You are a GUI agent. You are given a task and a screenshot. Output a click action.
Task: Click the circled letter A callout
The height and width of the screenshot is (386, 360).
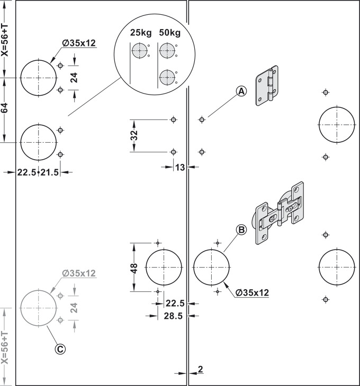click(x=241, y=91)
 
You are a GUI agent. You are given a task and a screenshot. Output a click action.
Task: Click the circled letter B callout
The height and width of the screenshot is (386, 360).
click(x=241, y=229)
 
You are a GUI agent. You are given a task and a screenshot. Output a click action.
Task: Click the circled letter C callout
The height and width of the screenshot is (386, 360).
click(x=60, y=349)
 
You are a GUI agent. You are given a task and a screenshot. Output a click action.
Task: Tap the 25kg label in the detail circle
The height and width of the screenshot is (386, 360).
click(x=141, y=32)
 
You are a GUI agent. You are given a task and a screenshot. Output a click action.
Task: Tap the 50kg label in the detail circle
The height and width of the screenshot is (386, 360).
click(x=169, y=32)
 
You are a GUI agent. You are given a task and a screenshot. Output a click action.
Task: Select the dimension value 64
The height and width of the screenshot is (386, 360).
click(x=5, y=108)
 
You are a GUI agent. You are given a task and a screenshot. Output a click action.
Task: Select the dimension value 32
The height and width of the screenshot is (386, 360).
click(x=134, y=135)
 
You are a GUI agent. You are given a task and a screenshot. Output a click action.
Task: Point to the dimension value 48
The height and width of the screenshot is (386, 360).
click(x=134, y=268)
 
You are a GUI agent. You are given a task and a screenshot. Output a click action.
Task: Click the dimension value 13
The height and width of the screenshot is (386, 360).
click(x=180, y=168)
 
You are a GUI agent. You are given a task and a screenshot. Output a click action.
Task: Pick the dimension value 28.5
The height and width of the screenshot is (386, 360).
click(x=173, y=316)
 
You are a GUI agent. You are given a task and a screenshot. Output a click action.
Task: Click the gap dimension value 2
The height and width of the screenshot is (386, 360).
click(x=200, y=369)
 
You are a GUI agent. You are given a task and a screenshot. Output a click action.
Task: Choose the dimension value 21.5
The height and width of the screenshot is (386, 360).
click(x=50, y=172)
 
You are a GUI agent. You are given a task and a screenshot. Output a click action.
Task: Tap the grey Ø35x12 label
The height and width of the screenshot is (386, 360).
click(x=78, y=273)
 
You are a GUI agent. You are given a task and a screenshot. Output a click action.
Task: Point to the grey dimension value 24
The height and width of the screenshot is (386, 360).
click(x=74, y=308)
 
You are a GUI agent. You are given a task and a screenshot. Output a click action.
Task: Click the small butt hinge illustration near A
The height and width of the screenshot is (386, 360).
click(x=267, y=86)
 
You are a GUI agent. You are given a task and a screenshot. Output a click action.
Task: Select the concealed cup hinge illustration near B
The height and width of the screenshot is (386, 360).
click(x=280, y=213)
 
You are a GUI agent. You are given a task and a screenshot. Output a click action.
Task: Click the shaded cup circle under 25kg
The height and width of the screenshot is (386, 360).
click(x=139, y=51)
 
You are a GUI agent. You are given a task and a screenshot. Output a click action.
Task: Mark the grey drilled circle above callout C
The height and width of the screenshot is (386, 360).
click(x=39, y=308)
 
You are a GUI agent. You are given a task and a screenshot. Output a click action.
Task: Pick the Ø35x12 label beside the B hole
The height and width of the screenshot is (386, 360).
click(x=252, y=293)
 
